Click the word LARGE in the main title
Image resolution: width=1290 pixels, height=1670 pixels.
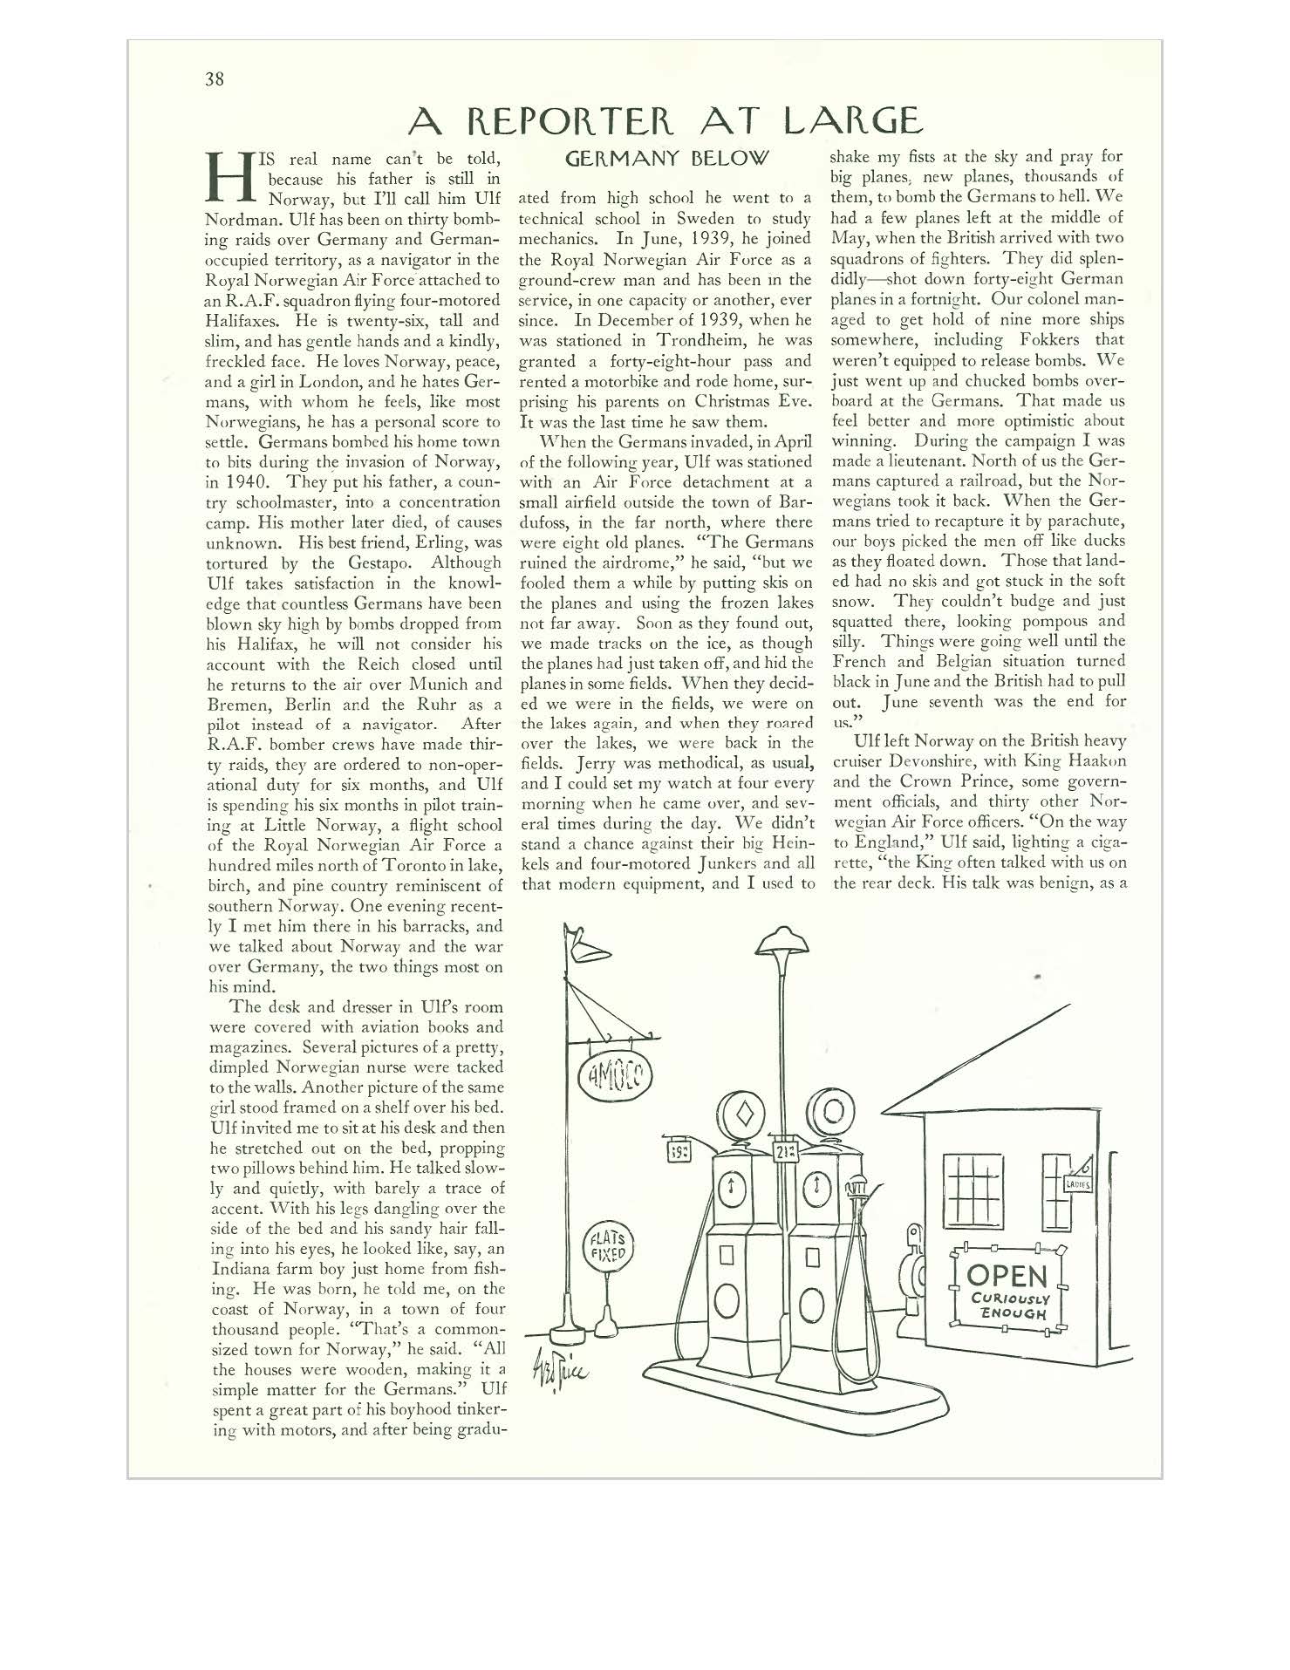coord(852,120)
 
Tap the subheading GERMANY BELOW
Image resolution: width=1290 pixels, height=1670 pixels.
coord(667,159)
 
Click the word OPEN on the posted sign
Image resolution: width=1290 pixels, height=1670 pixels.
coord(1006,1275)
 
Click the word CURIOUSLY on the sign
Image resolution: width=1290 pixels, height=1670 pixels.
coord(1011,1298)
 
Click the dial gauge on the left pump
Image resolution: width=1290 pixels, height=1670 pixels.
coord(731,1186)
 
